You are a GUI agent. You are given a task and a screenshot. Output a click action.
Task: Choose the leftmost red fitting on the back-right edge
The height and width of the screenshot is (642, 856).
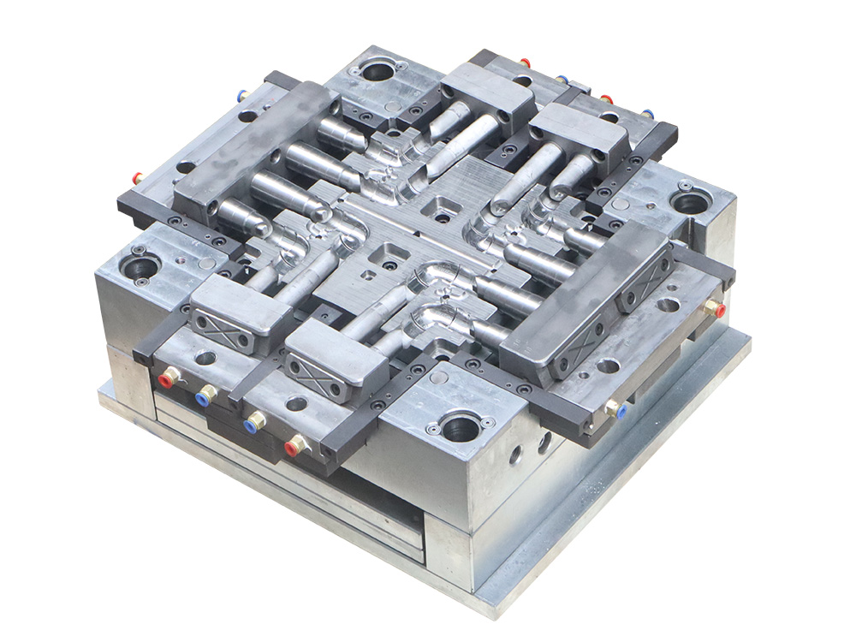coord(524,62)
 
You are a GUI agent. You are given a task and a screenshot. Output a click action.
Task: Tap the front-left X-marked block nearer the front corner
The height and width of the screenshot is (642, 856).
coord(323,369)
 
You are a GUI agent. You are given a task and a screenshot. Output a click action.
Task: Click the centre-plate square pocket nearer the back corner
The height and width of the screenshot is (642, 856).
coord(443,205)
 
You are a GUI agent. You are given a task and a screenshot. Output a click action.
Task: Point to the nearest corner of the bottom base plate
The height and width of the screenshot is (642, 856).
coord(491,609)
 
